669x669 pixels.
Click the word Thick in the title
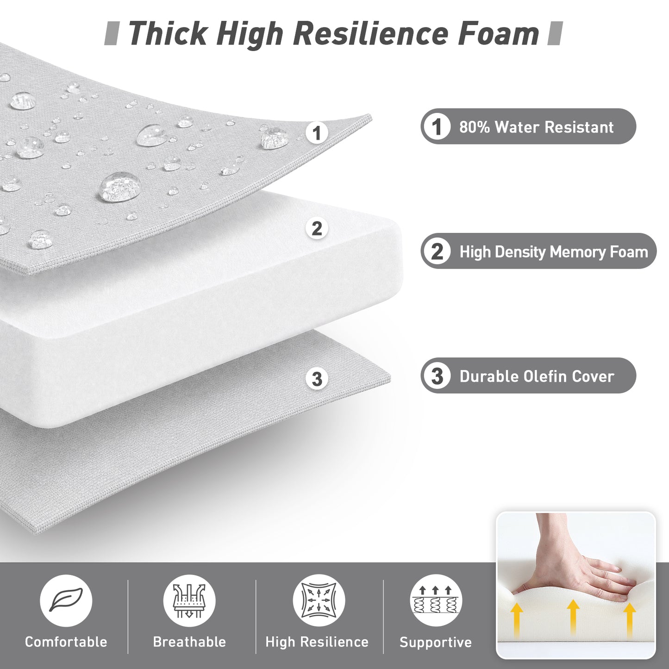tap(167, 33)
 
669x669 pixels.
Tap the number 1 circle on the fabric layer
tap(317, 133)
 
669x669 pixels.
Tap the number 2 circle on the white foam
tap(317, 228)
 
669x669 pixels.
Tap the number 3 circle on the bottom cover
tap(317, 378)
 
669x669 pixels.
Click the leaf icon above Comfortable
tap(66, 600)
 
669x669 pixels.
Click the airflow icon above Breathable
tap(189, 600)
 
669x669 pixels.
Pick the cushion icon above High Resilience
tap(319, 600)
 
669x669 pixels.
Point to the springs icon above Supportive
tap(436, 600)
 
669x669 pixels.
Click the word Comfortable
tap(66, 642)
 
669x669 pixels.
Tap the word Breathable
tap(189, 642)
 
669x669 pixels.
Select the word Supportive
tap(436, 643)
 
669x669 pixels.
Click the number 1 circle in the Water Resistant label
tap(437, 127)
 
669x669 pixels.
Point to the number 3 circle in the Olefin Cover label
tap(437, 376)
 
